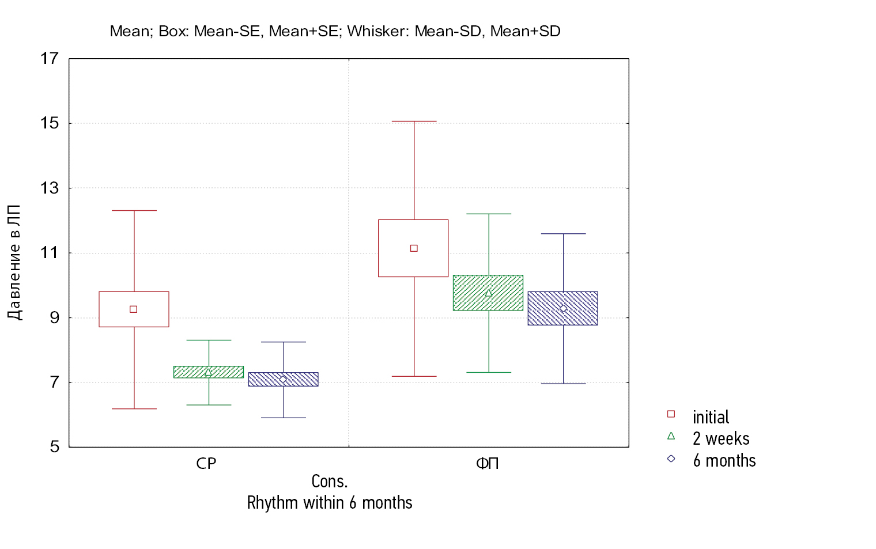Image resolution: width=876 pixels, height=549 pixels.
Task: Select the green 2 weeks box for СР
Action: [x=209, y=372]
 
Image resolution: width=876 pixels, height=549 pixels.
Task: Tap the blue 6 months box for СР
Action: [x=283, y=379]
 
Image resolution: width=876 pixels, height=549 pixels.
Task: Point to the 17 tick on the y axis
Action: [x=50, y=58]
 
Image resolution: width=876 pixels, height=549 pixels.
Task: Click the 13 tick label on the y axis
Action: [x=50, y=188]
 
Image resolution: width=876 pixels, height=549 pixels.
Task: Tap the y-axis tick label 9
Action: [x=55, y=317]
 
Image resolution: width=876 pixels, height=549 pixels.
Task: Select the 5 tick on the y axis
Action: [x=55, y=446]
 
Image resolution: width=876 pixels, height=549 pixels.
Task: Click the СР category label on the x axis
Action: [x=206, y=464]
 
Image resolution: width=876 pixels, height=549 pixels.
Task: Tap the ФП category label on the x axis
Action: [x=488, y=464]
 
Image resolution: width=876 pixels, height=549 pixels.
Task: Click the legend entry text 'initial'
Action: [x=711, y=417]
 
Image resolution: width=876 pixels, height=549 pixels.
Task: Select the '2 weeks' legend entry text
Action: [x=721, y=439]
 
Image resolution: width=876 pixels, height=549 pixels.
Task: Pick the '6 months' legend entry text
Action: [x=724, y=461]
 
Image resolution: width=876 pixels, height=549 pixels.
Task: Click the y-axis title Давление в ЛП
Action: [x=14, y=262]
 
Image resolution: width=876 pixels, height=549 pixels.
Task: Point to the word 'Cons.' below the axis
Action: [x=330, y=481]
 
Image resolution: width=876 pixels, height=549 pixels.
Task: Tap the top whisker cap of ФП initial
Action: [x=414, y=122]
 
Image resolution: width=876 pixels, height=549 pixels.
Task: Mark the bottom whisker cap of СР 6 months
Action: [x=284, y=418]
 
